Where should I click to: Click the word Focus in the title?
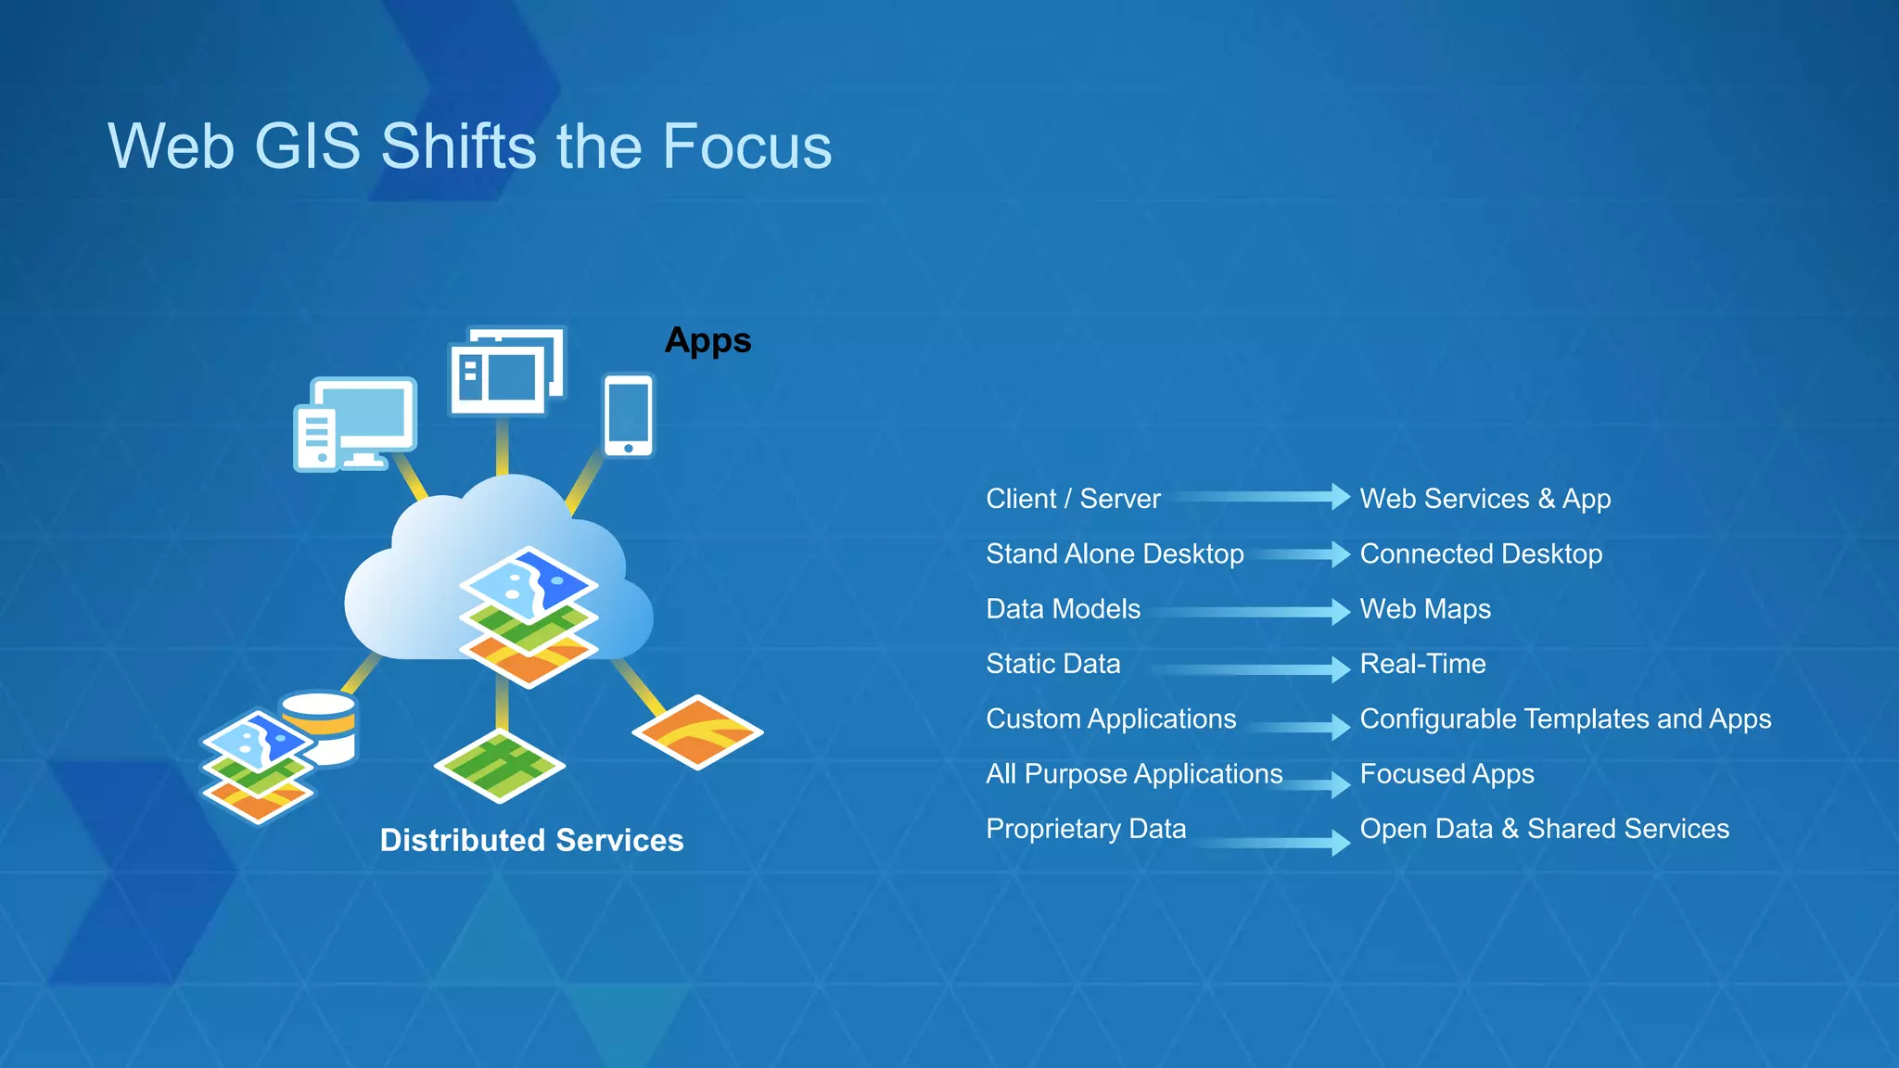[x=746, y=146]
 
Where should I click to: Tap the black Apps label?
[x=707, y=341]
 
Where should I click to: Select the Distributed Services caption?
[x=531, y=840]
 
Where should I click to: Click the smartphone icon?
[x=629, y=414]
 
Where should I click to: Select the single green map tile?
[x=499, y=766]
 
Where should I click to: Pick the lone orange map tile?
[x=697, y=732]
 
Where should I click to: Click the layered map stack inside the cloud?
[x=529, y=617]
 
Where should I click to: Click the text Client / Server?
[x=1073, y=499]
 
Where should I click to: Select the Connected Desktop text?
[x=1481, y=553]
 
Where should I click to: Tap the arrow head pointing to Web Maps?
[x=1340, y=611]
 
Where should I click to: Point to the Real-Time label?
[x=1422, y=664]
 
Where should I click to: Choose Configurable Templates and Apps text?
[x=1565, y=718]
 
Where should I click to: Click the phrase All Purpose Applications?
[x=1134, y=773]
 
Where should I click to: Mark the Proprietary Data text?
[x=1086, y=829]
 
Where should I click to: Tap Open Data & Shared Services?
[x=1544, y=829]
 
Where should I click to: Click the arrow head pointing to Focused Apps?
[x=1340, y=784]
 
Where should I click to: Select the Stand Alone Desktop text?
[x=1115, y=553]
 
